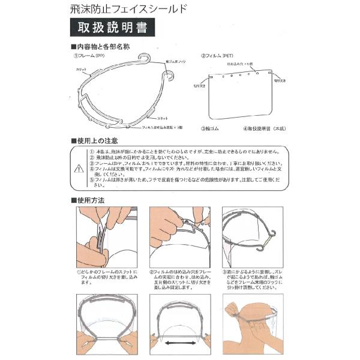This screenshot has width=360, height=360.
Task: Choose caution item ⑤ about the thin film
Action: (183, 182)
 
